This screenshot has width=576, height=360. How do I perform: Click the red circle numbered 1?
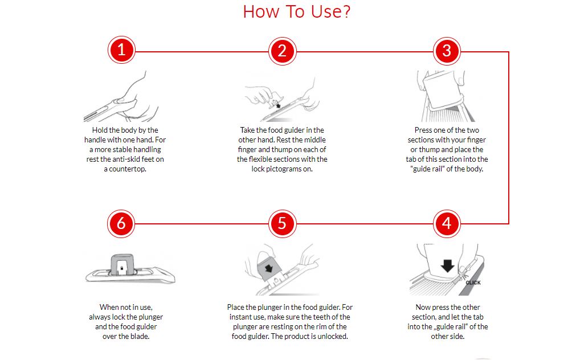pos(121,50)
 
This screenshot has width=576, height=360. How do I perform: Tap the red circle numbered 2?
pos(282,51)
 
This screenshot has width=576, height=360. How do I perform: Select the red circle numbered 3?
pos(447,51)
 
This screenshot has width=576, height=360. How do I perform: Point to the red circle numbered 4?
pos(447,223)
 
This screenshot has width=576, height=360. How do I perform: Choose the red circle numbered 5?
pos(282,223)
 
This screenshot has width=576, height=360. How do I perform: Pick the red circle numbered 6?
pos(121,223)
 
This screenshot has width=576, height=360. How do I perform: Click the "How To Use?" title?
pos(297,12)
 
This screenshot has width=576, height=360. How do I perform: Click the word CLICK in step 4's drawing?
pos(473,283)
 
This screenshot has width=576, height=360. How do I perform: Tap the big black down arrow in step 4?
pos(447,265)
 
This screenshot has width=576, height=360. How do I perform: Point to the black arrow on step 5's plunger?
pos(269,267)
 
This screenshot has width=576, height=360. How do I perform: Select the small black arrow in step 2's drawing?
pos(278,106)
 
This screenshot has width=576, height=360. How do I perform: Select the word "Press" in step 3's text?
pos(423,130)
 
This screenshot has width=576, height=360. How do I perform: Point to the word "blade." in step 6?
pos(139,337)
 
